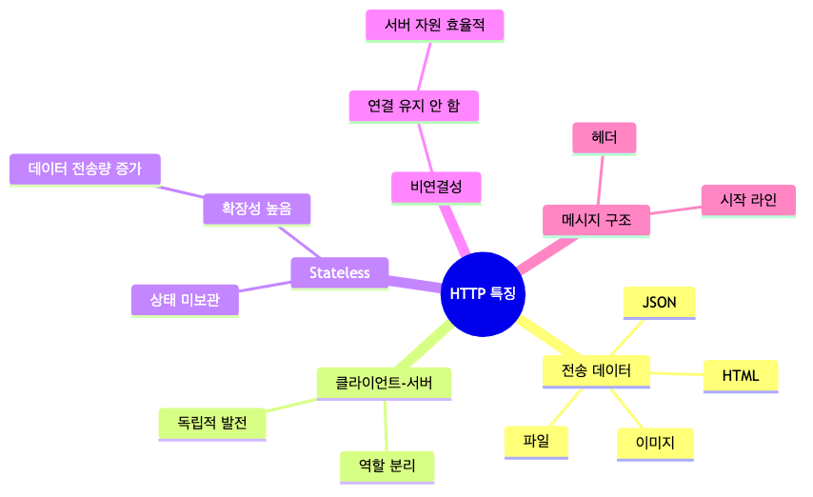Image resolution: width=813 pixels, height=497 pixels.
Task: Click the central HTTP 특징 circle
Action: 484,294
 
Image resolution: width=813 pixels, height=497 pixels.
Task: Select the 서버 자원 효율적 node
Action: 435,26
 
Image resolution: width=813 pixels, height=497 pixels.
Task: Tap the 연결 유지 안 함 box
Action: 413,107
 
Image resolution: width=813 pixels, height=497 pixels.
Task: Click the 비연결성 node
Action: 435,188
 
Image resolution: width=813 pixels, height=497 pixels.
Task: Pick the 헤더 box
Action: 605,138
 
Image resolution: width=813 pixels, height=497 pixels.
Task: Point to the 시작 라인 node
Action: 748,200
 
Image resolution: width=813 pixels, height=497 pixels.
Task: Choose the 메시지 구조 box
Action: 597,221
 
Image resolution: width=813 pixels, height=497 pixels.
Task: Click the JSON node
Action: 660,303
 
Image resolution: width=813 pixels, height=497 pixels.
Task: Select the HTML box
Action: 741,376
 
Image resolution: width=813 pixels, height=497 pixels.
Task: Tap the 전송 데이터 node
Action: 596,370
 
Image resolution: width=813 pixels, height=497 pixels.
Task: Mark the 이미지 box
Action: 654,444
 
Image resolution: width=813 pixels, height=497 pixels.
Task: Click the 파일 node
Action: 536,441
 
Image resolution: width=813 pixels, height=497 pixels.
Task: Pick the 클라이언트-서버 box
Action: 384,383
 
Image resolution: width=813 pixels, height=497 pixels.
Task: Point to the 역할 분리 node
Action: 387,466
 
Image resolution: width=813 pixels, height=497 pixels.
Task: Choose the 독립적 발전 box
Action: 211,424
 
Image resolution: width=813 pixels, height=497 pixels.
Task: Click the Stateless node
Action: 339,273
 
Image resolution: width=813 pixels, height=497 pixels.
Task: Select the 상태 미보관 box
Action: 185,300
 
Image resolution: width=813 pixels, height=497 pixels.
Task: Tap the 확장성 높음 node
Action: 257,208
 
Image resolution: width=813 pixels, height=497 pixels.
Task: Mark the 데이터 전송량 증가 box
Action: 85,169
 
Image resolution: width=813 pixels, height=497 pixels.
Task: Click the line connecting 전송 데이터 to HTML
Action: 678,373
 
